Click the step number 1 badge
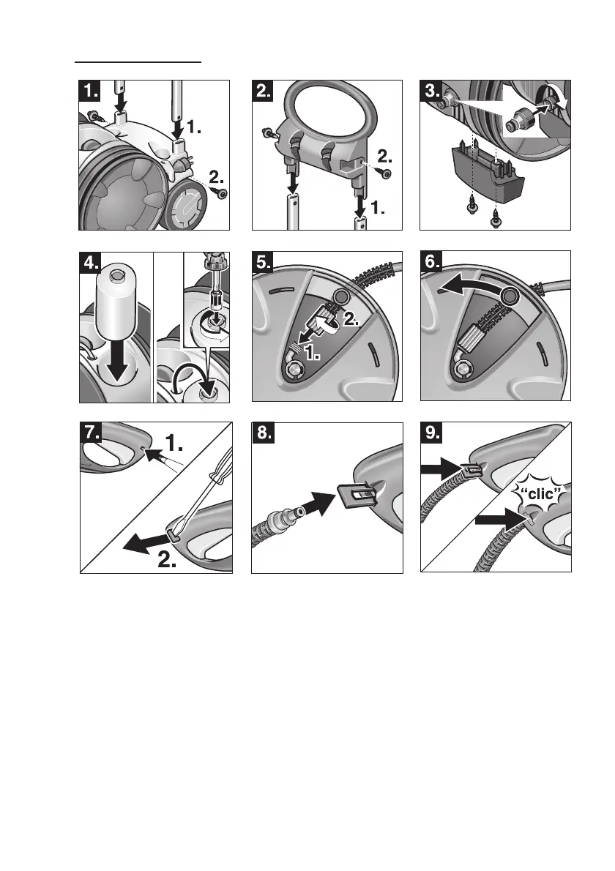[x=91, y=91]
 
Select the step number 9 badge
[x=433, y=434]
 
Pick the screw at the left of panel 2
[x=267, y=132]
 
